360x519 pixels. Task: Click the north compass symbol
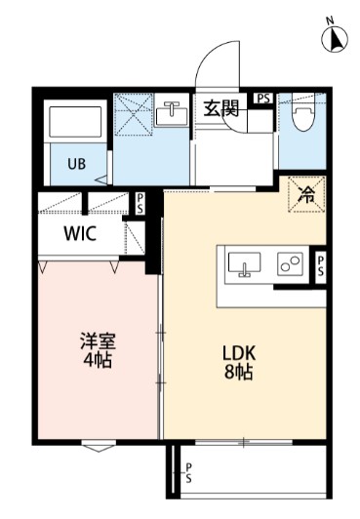[331, 37]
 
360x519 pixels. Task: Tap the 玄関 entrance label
[221, 109]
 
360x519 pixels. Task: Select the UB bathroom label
[75, 163]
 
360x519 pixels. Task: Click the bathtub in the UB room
[75, 121]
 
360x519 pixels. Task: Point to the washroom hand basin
[171, 114]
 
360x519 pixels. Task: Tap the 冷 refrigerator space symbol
[305, 194]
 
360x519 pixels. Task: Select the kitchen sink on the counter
[244, 262]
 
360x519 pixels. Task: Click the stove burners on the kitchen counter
[290, 262]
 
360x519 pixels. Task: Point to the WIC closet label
[80, 234]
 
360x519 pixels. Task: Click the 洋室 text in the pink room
[98, 341]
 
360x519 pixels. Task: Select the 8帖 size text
[237, 373]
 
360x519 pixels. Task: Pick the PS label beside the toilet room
[263, 99]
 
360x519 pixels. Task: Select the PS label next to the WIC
[140, 204]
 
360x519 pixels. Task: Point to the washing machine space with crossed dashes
[134, 114]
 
